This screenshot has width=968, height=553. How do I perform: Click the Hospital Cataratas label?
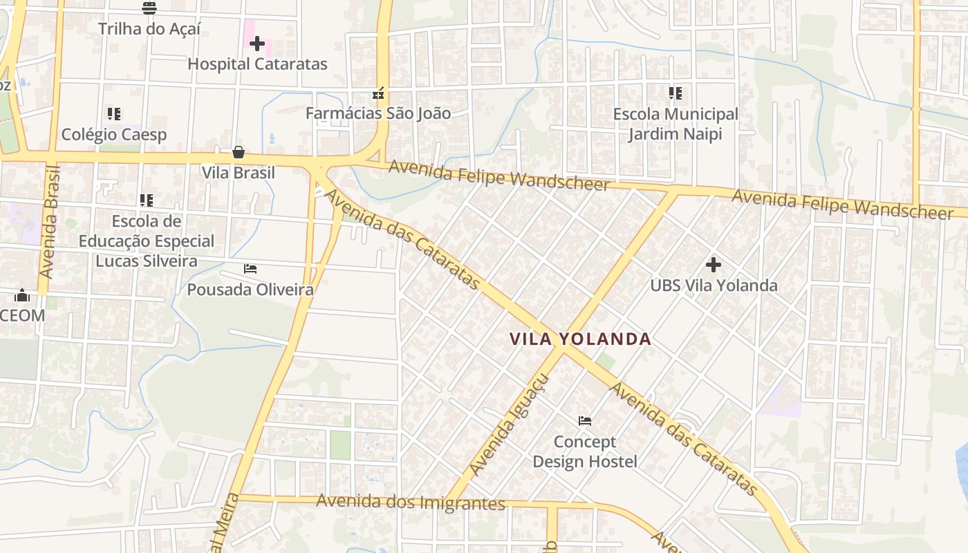[x=257, y=64]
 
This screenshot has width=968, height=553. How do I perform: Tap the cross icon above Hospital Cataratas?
[x=257, y=44]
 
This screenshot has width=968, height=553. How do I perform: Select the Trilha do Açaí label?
[x=149, y=29]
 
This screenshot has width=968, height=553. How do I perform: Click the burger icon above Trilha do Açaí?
[x=149, y=8]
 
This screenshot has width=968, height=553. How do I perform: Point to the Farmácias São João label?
[x=378, y=113]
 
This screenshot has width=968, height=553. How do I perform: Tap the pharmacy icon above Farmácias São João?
[x=378, y=93]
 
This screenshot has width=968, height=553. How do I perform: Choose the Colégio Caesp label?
[x=114, y=134]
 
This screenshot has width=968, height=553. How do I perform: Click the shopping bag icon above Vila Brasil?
[x=239, y=152]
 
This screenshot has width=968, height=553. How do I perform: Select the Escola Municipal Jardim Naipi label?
[x=676, y=124]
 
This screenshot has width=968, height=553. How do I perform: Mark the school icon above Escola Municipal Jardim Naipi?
[x=676, y=93]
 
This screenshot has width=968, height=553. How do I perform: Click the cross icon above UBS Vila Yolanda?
[x=714, y=264]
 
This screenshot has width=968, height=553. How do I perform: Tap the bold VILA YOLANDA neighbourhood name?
[x=580, y=339]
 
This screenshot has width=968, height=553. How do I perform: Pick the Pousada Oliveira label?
[x=250, y=290]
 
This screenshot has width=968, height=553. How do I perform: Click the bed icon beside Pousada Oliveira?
[x=250, y=268]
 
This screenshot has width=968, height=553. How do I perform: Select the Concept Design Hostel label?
[x=585, y=451]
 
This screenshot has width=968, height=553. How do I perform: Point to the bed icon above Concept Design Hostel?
[x=585, y=420]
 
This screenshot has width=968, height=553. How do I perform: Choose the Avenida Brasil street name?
[x=50, y=223]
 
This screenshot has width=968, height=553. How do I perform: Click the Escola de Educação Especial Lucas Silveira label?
[x=147, y=241]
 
